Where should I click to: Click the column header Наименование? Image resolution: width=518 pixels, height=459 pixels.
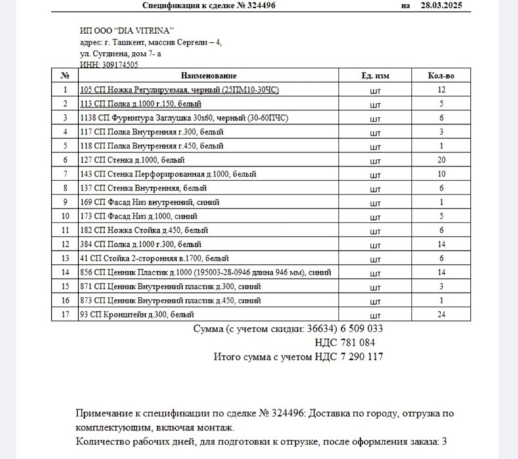[209, 76]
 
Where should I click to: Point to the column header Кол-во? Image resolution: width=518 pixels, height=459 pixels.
[441, 76]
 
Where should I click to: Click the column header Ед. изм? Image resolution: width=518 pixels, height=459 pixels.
[375, 76]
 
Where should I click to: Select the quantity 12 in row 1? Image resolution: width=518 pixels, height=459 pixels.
[441, 90]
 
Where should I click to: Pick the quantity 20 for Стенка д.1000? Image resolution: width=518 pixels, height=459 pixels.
[441, 160]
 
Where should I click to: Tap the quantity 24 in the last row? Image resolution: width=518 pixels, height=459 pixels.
[441, 315]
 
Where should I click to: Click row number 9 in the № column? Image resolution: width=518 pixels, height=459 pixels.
[65, 202]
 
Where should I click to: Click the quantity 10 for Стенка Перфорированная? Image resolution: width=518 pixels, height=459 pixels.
[441, 174]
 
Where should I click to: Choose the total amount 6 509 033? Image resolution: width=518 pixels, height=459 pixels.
[360, 328]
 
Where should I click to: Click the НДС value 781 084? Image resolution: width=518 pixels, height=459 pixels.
[358, 343]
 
